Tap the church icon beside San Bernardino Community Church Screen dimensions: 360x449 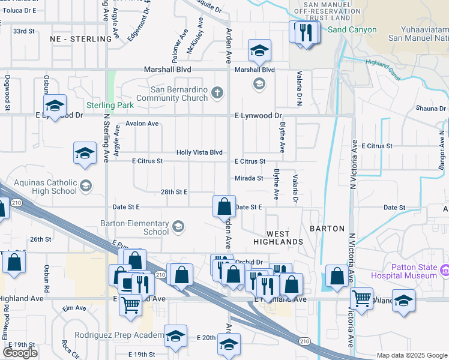(x=217, y=92)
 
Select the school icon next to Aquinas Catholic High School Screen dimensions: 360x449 (x=86, y=185)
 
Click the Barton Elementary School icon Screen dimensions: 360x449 (x=178, y=226)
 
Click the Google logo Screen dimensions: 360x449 (x=20, y=353)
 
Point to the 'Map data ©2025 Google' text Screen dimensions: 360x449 (x=411, y=355)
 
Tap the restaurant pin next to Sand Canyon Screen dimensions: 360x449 (x=307, y=32)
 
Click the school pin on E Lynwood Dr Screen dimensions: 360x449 (x=55, y=106)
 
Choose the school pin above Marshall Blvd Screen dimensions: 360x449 (x=259, y=50)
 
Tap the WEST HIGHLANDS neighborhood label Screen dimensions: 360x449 (x=277, y=238)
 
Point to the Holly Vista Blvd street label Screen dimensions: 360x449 (x=199, y=153)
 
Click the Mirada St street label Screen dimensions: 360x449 (x=249, y=178)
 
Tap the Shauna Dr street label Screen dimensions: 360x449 (x=431, y=109)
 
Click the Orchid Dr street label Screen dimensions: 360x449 (x=250, y=262)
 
